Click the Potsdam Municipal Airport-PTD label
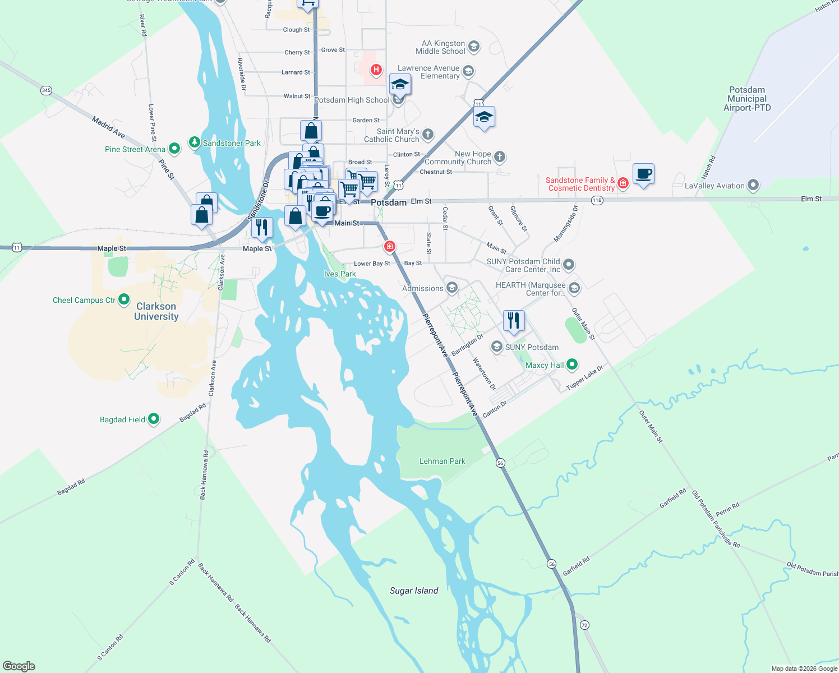click(x=747, y=99)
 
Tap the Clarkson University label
click(x=156, y=311)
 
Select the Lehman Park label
click(x=442, y=461)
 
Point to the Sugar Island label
click(x=414, y=591)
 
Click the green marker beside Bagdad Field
click(x=153, y=419)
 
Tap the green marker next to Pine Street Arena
click(x=174, y=149)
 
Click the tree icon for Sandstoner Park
click(x=194, y=142)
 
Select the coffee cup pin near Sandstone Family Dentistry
click(x=643, y=174)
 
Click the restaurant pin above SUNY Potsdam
click(x=514, y=321)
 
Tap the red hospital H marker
click(x=376, y=70)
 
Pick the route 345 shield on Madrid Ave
click(x=46, y=90)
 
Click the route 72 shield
click(x=585, y=625)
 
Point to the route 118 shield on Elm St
click(x=597, y=200)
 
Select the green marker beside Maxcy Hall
click(x=572, y=365)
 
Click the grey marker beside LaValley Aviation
click(x=753, y=185)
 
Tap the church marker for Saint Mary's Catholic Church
click(x=428, y=134)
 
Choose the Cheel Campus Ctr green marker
click(x=124, y=299)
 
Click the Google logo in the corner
click(x=19, y=666)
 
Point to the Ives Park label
click(x=340, y=274)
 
